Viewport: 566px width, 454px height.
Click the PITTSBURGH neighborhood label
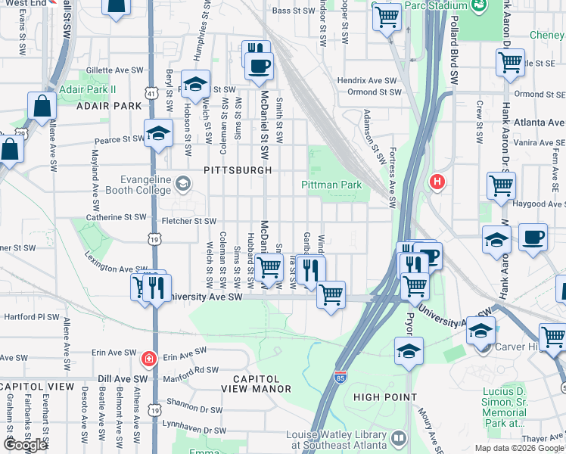click(238, 170)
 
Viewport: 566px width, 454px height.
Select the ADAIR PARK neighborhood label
click(109, 106)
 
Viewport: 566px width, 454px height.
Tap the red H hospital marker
click(436, 182)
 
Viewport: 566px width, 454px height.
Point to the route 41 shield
click(152, 93)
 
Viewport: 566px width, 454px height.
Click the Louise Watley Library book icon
click(399, 438)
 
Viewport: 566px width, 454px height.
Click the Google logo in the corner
click(25, 445)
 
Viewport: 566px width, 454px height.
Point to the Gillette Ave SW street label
click(115, 70)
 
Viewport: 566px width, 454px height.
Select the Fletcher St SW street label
click(190, 221)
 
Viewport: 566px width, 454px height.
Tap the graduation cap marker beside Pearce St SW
click(158, 133)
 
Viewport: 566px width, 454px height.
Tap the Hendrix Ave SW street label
click(367, 80)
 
